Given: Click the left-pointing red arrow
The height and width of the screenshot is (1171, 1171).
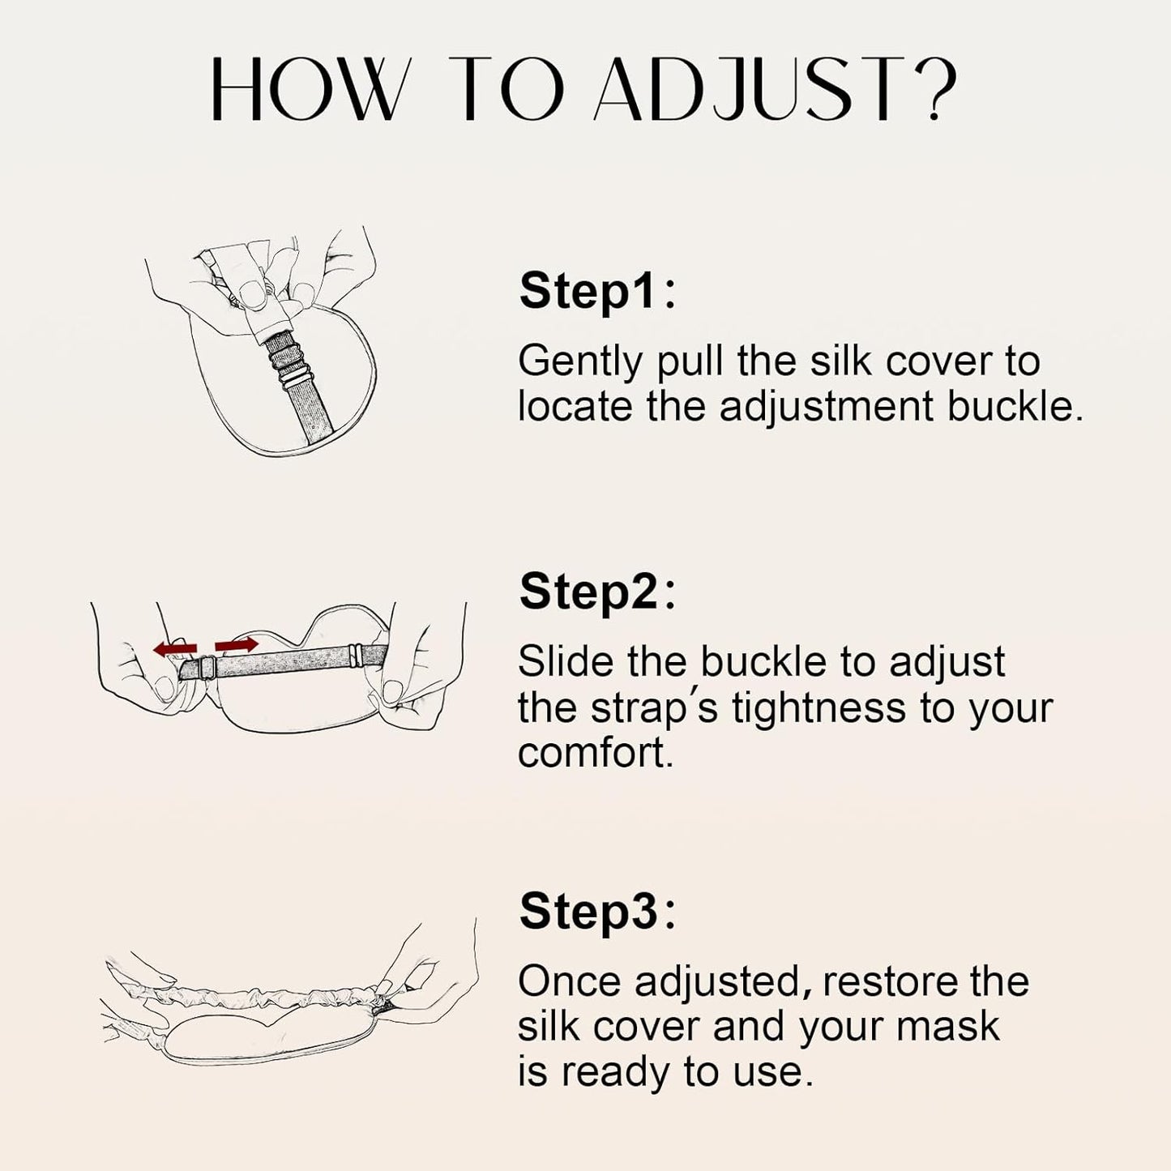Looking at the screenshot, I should coord(175,647).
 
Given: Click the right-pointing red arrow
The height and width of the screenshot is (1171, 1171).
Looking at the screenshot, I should coord(236,645).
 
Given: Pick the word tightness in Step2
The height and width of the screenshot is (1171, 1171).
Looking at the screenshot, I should coord(818,707).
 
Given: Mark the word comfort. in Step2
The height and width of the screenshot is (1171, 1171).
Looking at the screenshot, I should coord(596,753).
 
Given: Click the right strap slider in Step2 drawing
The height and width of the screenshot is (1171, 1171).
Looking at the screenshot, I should coord(353,651).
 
